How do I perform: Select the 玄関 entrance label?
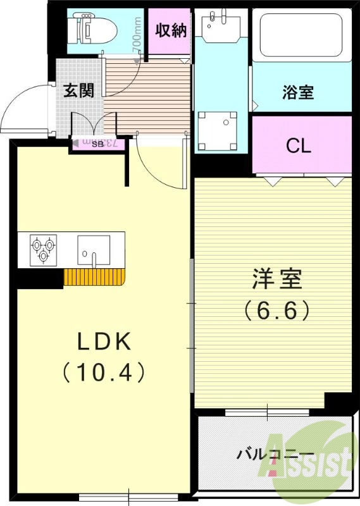[x=78, y=90]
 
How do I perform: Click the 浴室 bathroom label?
[x=297, y=92]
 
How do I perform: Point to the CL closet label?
[x=298, y=146]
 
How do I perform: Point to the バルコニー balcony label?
[x=275, y=454]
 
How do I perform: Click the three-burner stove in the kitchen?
[x=44, y=248]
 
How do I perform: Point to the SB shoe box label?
[x=98, y=144]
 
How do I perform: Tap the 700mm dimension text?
[x=137, y=39]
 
